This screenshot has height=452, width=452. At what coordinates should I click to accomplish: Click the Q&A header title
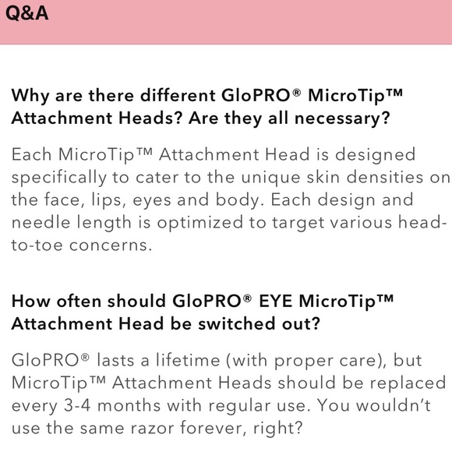pos(26,14)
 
